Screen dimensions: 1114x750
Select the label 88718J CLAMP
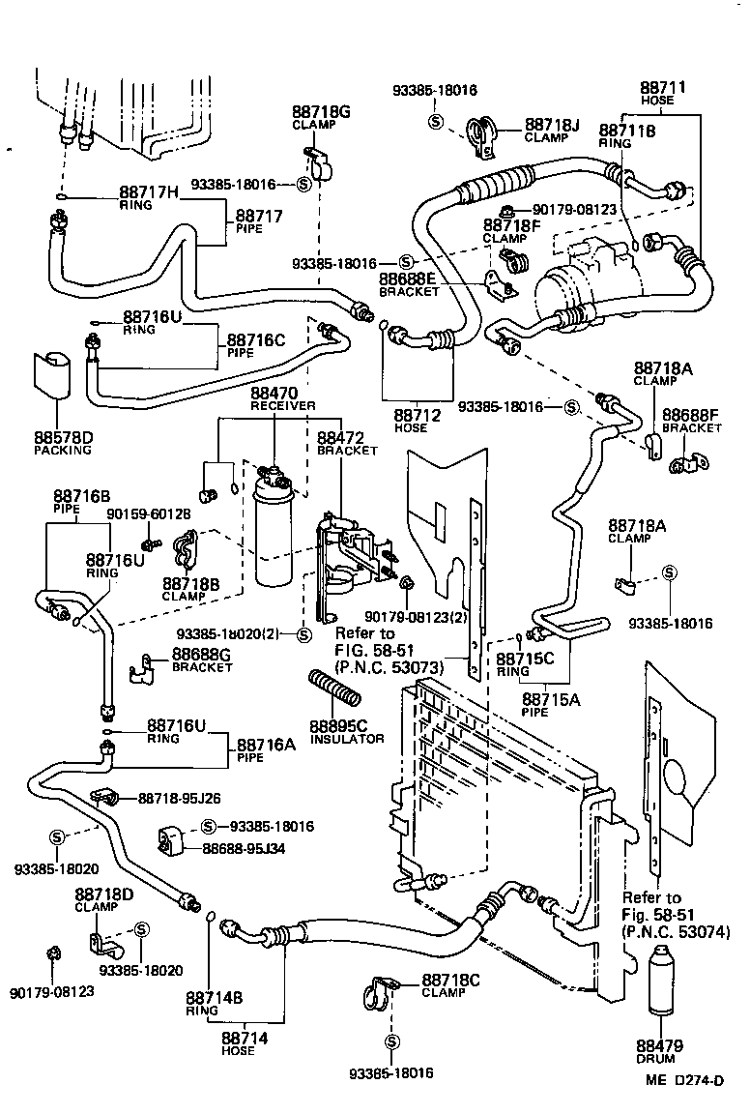(x=551, y=131)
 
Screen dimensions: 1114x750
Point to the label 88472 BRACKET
(x=344, y=444)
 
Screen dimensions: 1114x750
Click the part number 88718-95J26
(x=179, y=798)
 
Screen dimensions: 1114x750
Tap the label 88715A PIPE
(x=551, y=704)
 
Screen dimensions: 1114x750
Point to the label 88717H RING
(x=149, y=198)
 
